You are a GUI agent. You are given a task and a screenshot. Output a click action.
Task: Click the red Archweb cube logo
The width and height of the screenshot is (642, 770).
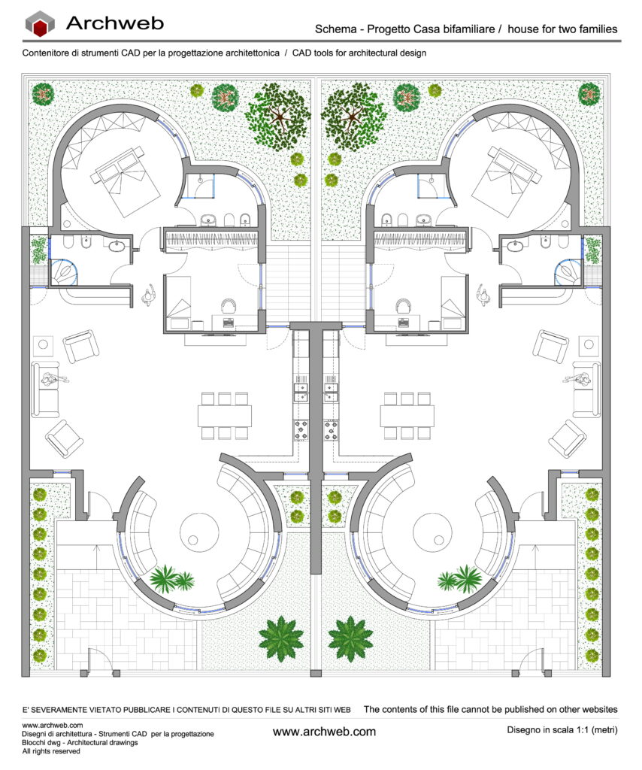(x=40, y=23)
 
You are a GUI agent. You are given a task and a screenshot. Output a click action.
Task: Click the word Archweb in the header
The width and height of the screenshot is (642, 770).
(x=115, y=23)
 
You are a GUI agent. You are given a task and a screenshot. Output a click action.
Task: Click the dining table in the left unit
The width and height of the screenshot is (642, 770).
(x=225, y=415)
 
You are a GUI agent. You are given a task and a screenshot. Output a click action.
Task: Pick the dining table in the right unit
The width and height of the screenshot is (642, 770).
(x=407, y=415)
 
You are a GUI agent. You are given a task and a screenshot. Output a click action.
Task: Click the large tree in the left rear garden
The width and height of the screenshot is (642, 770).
(x=278, y=117)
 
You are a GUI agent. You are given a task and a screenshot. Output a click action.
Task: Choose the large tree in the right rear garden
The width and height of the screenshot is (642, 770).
(x=353, y=117)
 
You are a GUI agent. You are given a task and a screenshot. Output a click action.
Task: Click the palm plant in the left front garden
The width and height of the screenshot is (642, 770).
(x=280, y=639)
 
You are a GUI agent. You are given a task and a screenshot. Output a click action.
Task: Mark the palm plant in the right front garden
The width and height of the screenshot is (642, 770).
(x=350, y=639)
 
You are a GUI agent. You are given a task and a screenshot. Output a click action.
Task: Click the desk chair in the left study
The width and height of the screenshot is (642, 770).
(x=229, y=305)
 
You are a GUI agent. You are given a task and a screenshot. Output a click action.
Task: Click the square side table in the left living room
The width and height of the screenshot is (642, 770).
(x=43, y=344)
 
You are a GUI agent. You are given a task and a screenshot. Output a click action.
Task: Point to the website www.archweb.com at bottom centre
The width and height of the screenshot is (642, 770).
(x=324, y=732)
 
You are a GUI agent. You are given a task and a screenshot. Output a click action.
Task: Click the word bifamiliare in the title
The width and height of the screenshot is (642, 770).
(x=469, y=29)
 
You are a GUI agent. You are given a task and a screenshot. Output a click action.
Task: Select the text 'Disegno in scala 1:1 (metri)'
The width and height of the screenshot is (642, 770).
(x=562, y=729)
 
